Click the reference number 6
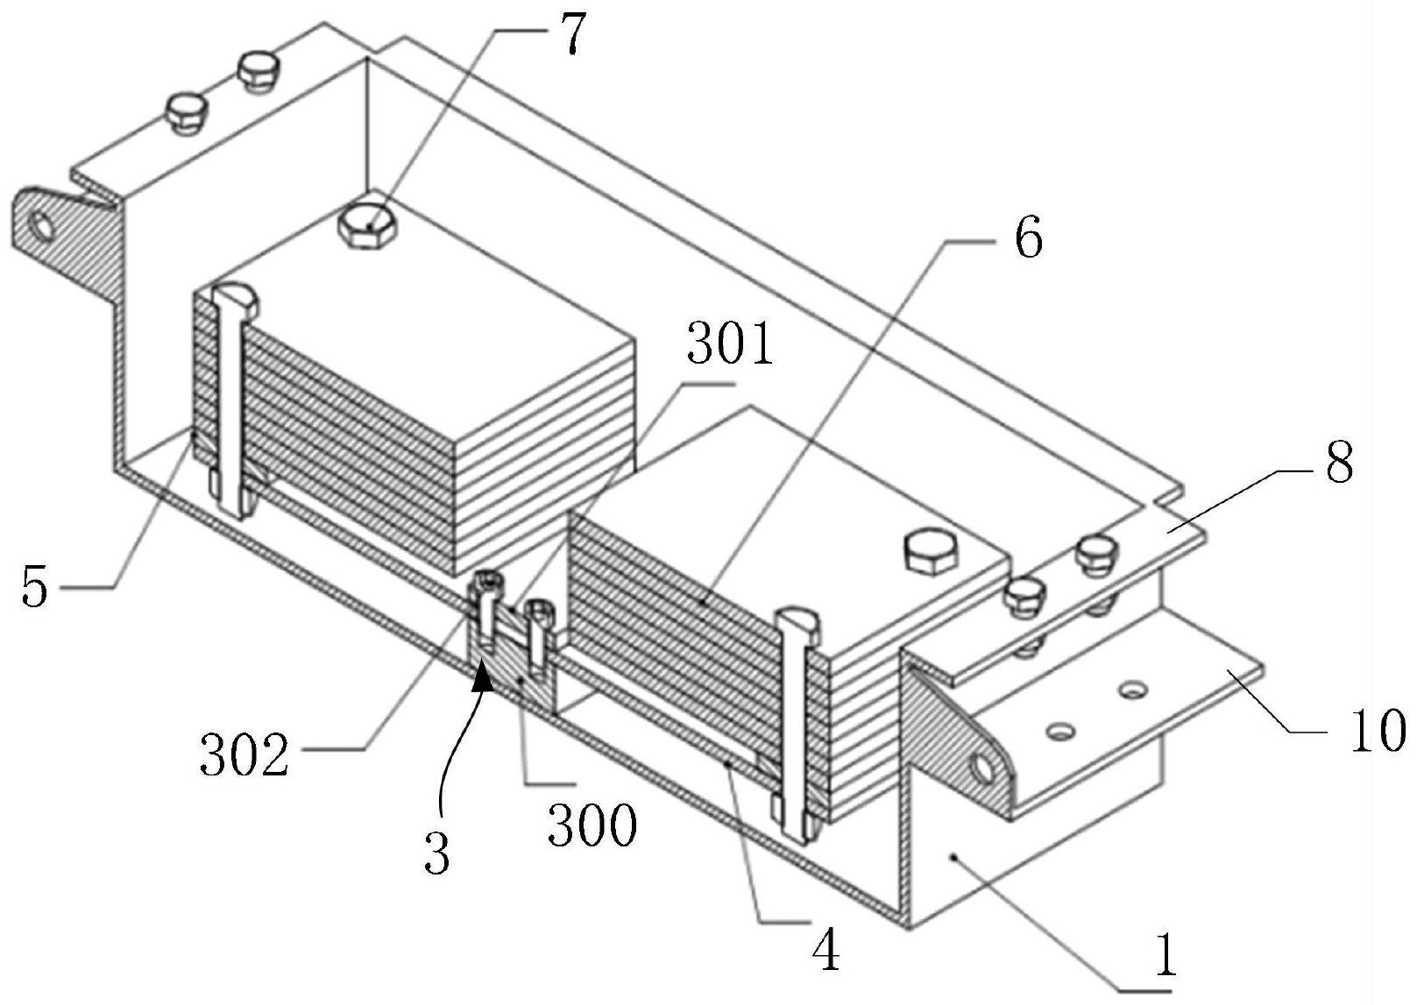[x=1027, y=237]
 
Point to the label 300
[x=592, y=825]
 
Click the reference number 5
[x=35, y=586]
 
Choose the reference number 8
[x=1338, y=464]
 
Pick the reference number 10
[x=1376, y=730]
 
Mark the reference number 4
[x=825, y=951]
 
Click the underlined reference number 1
[x=1165, y=958]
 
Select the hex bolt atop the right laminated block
[x=932, y=552]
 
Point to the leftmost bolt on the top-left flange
[x=186, y=111]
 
